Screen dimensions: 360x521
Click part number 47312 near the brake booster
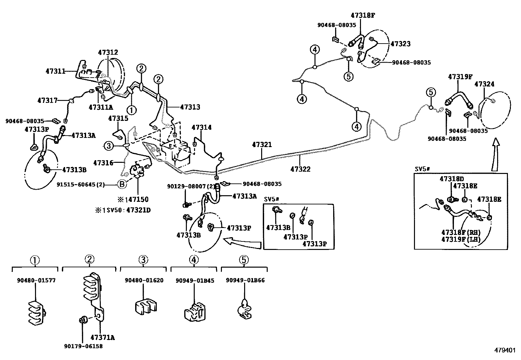108,52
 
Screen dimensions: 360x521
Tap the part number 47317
47,100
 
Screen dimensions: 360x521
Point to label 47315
118,118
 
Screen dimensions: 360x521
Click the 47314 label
202,127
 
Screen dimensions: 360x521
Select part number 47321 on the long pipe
262,144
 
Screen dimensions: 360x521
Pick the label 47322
300,169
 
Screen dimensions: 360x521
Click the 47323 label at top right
401,44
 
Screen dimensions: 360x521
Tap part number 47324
484,84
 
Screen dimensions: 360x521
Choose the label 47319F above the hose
460,77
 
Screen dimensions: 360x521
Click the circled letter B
122,185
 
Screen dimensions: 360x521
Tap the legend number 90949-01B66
245,280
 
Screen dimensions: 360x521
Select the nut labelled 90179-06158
83,346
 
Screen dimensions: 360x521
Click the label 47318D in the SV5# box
452,179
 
